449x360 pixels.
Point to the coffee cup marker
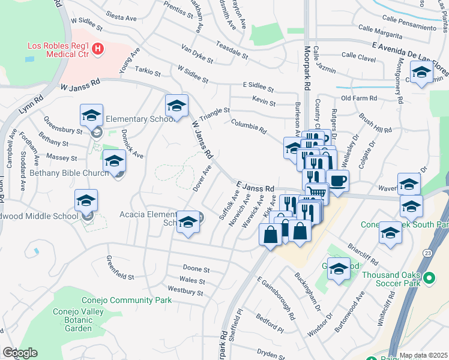click(338, 181)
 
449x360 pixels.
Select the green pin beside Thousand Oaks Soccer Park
click(429, 278)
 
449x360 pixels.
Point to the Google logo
click(20, 353)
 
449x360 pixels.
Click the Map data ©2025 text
click(423, 355)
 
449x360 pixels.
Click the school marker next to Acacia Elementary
click(188, 224)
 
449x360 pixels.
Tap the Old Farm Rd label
click(358, 98)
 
